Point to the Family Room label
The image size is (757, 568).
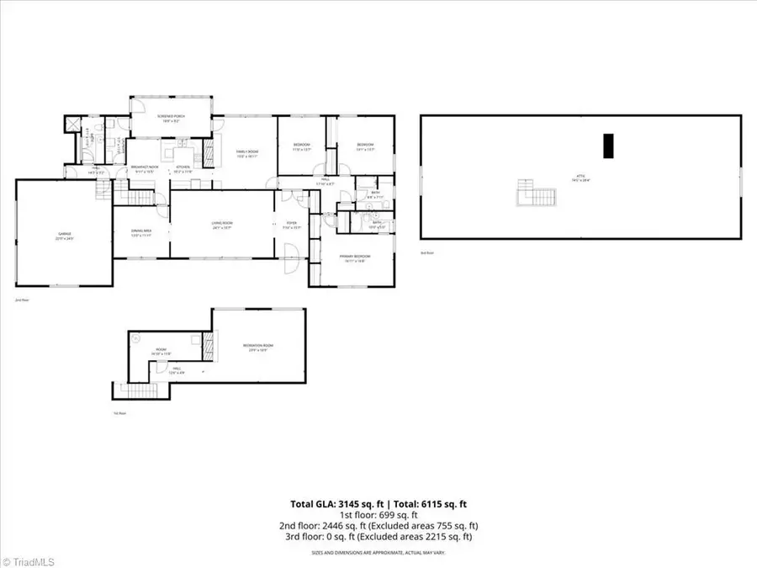coord(246,153)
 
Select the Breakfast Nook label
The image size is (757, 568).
coord(146,169)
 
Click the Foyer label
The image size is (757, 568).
coord(290,225)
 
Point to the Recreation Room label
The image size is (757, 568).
coord(259,347)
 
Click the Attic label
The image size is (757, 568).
coord(581,179)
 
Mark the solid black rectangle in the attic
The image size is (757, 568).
coord(611,146)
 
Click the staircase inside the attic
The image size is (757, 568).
coord(537,195)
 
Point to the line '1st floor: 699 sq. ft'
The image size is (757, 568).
coord(378,515)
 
